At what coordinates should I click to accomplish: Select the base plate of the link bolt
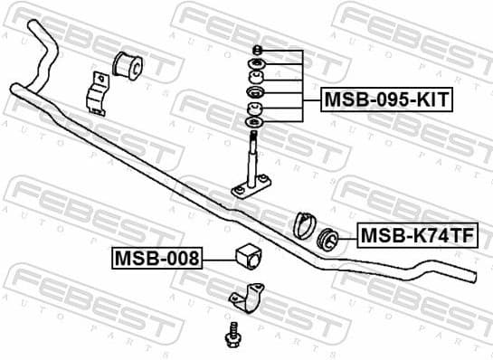pyautogui.click(x=251, y=188)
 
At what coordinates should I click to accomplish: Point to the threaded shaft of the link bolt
pyautogui.click(x=254, y=149)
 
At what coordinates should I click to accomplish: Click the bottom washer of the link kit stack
pyautogui.click(x=254, y=121)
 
